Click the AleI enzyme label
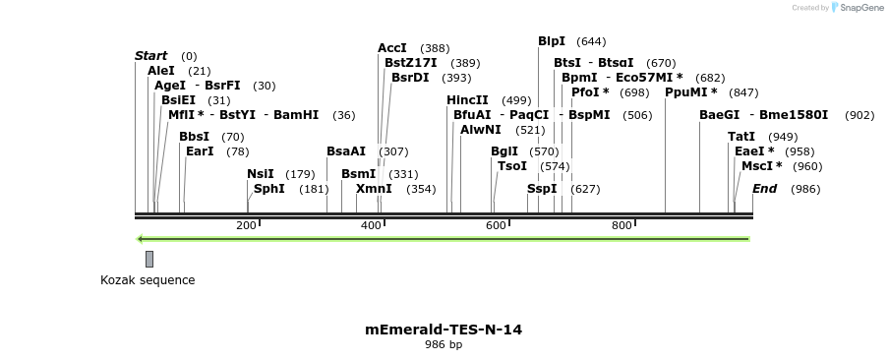[x=161, y=71]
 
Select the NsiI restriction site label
[x=261, y=174]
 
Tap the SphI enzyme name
[x=269, y=189]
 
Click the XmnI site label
[x=374, y=189]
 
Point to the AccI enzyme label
[x=392, y=48]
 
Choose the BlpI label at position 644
[x=552, y=41]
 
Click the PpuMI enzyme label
[x=691, y=92]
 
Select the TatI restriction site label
[x=741, y=137]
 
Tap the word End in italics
[x=764, y=189]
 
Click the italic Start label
[x=151, y=56]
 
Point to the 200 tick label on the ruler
[x=246, y=226]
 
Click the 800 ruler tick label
[x=622, y=226]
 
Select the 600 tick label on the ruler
[x=496, y=226]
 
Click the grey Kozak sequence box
[x=149, y=259]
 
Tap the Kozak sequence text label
[x=148, y=280]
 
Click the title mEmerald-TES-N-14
[x=444, y=330]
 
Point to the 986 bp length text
[x=444, y=345]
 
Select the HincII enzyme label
[x=467, y=100]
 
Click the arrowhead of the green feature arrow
[x=141, y=238]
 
